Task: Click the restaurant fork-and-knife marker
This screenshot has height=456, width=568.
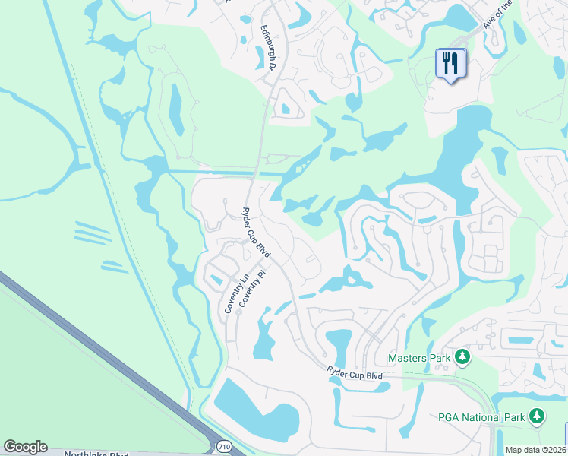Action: [x=450, y=64]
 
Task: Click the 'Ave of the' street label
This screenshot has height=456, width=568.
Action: [x=499, y=15]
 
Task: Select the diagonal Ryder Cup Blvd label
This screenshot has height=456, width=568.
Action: [x=256, y=232]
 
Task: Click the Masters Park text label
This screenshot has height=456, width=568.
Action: [x=419, y=357]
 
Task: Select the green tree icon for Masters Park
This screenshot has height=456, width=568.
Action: [x=462, y=357]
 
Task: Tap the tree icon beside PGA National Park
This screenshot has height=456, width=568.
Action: [x=537, y=416]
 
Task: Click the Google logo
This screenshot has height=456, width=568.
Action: [x=25, y=447]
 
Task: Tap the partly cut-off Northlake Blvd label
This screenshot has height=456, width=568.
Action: [x=96, y=453]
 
